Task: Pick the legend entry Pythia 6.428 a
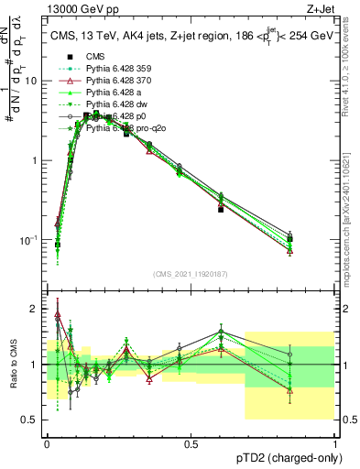[117, 93]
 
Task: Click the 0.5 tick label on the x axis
[191, 444]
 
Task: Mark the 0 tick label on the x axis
[47, 444]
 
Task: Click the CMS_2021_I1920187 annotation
[191, 274]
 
